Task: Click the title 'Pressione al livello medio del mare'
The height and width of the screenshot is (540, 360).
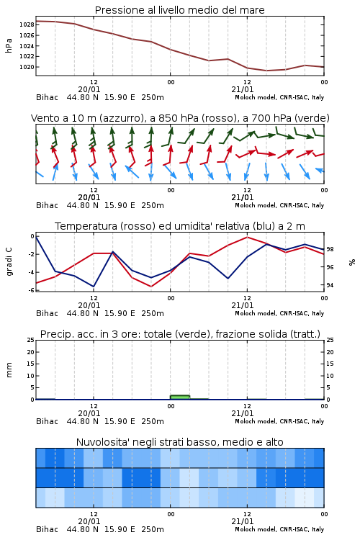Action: click(x=179, y=10)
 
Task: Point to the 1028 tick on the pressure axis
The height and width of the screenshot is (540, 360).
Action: click(x=27, y=24)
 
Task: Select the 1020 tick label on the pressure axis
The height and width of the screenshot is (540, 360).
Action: click(x=27, y=67)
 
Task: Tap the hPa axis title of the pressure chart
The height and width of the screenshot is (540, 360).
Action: click(x=9, y=45)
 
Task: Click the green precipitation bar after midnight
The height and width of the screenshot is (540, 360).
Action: click(x=180, y=397)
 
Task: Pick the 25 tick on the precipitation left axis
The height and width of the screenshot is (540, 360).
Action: click(x=31, y=340)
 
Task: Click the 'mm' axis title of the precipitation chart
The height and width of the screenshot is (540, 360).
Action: click(x=9, y=370)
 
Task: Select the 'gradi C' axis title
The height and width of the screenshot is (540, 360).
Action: click(x=9, y=262)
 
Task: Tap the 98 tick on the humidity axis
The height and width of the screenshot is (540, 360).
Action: click(x=330, y=249)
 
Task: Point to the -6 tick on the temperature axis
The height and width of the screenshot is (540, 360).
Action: click(x=32, y=290)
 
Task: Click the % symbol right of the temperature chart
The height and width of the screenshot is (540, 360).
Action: click(x=352, y=262)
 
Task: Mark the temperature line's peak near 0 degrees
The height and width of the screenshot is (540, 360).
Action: click(x=247, y=237)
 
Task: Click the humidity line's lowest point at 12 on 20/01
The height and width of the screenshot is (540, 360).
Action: click(x=94, y=287)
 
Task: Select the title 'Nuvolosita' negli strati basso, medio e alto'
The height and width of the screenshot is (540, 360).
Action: click(x=179, y=442)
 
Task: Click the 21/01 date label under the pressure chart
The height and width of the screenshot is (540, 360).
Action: click(x=243, y=89)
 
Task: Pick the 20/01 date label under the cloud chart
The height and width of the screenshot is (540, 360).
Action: click(x=89, y=521)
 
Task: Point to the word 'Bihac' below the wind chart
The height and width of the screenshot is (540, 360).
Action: click(x=48, y=205)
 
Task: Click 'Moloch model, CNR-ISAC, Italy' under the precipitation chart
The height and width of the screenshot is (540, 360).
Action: click(x=279, y=421)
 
